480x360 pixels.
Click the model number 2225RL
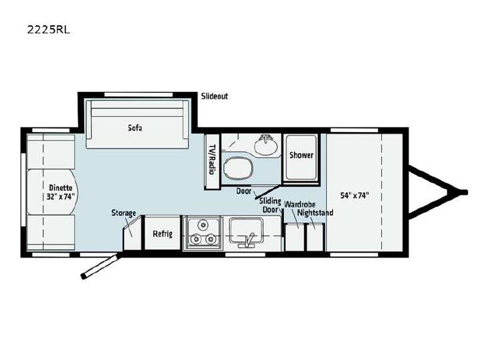[x=49, y=30]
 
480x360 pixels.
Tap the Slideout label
[x=214, y=96]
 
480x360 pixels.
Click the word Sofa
[x=135, y=127]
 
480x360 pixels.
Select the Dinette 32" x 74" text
[x=61, y=192]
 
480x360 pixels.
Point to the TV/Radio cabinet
[x=212, y=161]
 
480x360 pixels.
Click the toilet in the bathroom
[x=239, y=168]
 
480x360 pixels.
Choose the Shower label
[x=301, y=155]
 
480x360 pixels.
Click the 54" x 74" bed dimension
[x=355, y=195]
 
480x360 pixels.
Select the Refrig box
[x=163, y=233]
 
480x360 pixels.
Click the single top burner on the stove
[x=202, y=225]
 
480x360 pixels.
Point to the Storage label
[x=124, y=213]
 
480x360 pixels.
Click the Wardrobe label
[x=300, y=204]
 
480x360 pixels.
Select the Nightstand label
[x=315, y=213]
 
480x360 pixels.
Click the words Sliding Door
[x=270, y=205]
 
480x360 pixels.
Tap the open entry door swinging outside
[x=102, y=265]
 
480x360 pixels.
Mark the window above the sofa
[x=139, y=95]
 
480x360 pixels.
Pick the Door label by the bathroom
[x=244, y=191]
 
